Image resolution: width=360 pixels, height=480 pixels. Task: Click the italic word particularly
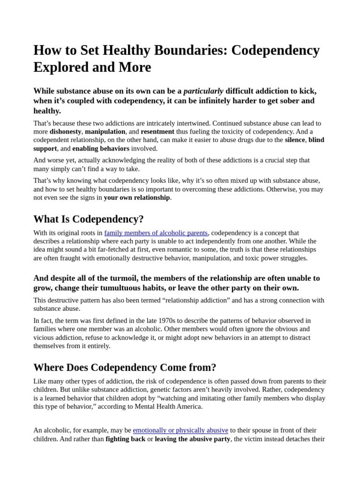pyautogui.click(x=203, y=91)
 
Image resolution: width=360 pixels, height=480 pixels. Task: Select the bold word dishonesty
pyautogui.click(x=66, y=132)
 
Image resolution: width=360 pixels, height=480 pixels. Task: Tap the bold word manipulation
pyautogui.click(x=105, y=132)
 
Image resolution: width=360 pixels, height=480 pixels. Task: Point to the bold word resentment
pyautogui.click(x=157, y=132)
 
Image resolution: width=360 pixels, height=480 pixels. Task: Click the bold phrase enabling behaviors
pyautogui.click(x=101, y=149)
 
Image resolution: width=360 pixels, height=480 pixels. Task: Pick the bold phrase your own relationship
pyautogui.click(x=137, y=197)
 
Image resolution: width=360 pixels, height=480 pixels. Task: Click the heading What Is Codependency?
pyautogui.click(x=89, y=219)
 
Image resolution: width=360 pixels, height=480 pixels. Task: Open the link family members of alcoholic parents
pyautogui.click(x=156, y=233)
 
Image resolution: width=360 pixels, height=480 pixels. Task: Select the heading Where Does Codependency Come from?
pyautogui.click(x=125, y=367)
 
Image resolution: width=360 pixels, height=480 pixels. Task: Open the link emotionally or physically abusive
pyautogui.click(x=180, y=430)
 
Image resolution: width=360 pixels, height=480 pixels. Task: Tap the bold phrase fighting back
pyautogui.click(x=125, y=439)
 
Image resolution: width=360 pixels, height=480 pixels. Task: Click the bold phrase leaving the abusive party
pyautogui.click(x=193, y=439)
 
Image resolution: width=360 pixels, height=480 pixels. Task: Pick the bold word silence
pyautogui.click(x=295, y=140)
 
